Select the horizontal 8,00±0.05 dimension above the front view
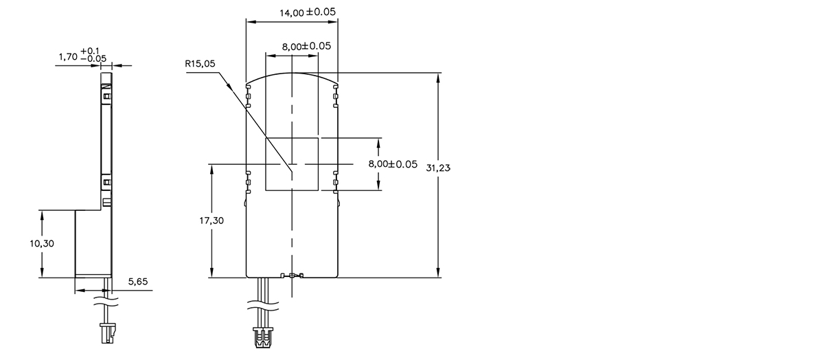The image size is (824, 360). click(x=307, y=46)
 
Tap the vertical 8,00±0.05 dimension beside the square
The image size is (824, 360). click(x=393, y=164)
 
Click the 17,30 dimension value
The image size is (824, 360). click(x=213, y=221)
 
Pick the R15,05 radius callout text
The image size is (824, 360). click(x=200, y=64)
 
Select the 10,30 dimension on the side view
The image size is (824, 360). click(x=42, y=244)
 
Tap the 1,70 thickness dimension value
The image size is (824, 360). click(x=67, y=58)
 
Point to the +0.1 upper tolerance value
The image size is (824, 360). click(x=90, y=51)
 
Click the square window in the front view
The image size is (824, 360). click(x=292, y=164)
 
